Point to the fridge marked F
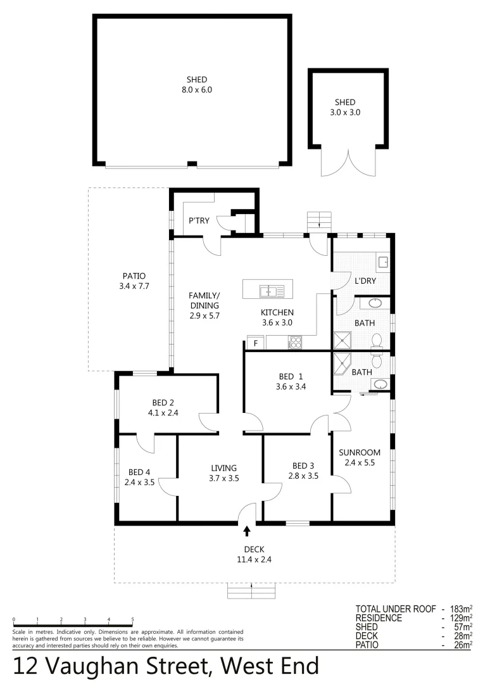[256, 343]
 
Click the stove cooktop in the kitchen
[295, 343]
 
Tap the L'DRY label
[365, 281]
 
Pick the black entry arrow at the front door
[247, 531]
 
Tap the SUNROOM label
[360, 452]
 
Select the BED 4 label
[139, 472]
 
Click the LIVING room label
[223, 468]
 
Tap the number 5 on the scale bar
[132, 619]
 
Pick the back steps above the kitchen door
[319, 220]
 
